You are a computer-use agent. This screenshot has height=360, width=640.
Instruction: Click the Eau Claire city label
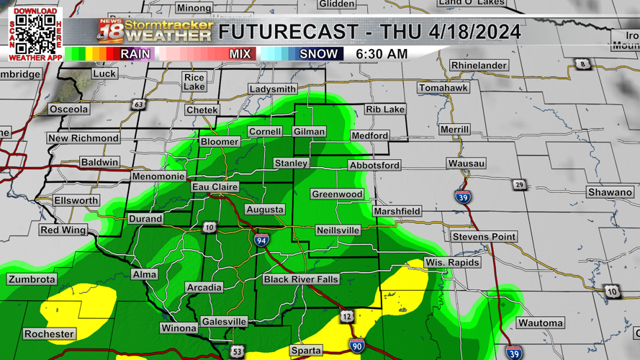215,187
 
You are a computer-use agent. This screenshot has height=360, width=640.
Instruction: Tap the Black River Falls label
301,279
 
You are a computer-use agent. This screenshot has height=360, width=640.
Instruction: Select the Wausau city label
466,164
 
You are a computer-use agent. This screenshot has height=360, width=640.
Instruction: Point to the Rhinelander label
479,66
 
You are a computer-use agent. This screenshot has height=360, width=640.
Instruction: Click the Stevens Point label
484,237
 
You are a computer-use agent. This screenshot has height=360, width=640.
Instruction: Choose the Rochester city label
49,334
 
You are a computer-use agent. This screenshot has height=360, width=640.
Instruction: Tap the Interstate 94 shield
261,240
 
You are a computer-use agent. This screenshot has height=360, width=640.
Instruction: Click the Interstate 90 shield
356,345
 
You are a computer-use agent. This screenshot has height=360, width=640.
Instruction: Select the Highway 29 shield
519,186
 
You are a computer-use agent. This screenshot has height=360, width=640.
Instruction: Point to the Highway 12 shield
347,316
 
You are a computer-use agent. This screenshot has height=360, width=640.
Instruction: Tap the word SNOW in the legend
318,54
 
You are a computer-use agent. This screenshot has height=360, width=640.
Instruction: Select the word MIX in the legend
240,54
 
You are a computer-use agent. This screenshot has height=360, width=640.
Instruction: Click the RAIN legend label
135,54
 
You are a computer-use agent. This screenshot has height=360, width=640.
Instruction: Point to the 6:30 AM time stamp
382,54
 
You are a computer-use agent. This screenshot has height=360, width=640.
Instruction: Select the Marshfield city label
397,212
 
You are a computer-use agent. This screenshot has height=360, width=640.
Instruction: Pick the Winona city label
179,328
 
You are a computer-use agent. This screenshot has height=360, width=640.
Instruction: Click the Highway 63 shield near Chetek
138,105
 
